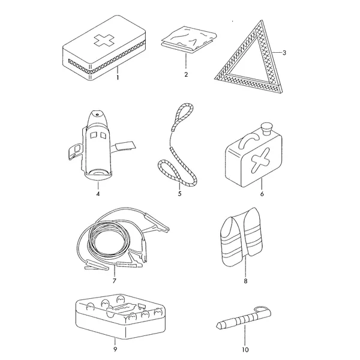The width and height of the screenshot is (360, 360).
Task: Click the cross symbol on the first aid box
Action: tap(104, 41)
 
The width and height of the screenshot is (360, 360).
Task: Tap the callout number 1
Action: tap(118, 77)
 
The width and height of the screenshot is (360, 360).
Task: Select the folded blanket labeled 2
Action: tap(189, 40)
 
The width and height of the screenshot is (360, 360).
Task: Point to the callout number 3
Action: tap(284, 53)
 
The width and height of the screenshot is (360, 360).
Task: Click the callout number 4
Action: tap(98, 194)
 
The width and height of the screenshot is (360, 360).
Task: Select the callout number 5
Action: tap(179, 194)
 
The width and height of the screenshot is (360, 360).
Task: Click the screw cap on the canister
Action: tap(266, 129)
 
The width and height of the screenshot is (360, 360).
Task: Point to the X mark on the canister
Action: tap(260, 160)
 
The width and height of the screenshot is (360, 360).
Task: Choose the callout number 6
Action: tap(262, 194)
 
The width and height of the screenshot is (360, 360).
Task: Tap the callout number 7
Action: tap(115, 281)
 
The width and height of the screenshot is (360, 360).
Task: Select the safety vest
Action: tap(241, 237)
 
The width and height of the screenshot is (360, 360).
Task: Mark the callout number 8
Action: tap(245, 281)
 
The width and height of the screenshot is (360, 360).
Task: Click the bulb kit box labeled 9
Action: tap(121, 316)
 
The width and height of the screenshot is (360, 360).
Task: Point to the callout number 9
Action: tap(115, 349)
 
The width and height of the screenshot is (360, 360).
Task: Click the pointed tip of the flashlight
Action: tap(217, 326)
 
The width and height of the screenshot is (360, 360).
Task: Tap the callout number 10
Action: tap(245, 350)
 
